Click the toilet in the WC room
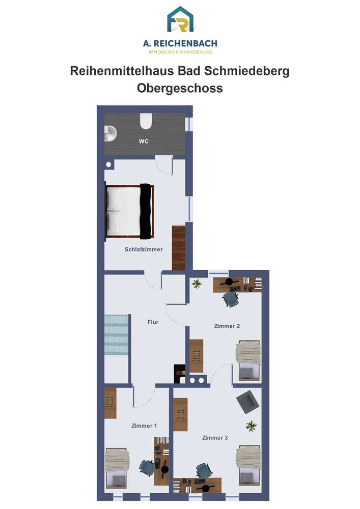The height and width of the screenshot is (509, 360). point(146,121)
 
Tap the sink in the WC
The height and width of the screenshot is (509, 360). point(110,133)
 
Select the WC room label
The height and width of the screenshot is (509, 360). point(144,142)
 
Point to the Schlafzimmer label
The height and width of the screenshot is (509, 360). point(144,249)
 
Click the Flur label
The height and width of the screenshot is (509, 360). point(153,322)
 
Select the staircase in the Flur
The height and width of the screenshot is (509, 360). point(116,334)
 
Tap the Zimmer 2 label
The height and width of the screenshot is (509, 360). point(227,326)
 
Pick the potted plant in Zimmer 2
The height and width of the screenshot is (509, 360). point(197,284)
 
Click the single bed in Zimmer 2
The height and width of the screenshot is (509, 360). point(248,360)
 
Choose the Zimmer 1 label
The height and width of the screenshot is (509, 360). point(144,426)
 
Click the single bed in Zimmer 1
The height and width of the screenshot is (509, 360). point(117,468)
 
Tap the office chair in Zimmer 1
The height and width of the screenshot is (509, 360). point(147,468)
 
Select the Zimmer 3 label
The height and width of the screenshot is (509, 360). point(215,438)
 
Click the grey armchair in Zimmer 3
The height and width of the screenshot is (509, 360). point(247,402)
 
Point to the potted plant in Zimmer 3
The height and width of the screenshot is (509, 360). point(251,426)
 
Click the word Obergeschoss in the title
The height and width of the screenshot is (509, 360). point(180,88)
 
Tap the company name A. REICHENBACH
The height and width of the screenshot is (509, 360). point(180,43)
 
